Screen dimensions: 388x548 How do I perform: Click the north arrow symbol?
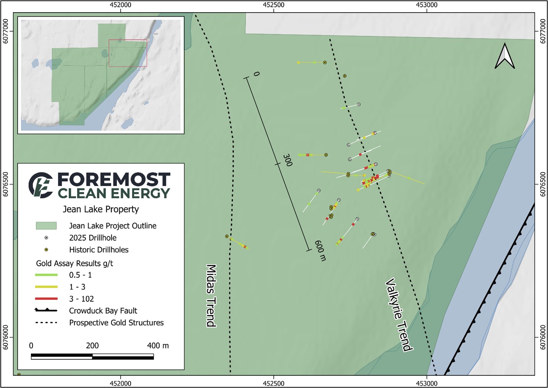click(504, 56)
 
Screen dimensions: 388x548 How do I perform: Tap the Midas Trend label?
click(211, 296)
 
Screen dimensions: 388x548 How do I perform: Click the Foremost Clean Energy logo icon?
click(41, 185)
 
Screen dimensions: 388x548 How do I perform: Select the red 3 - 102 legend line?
click(46, 299)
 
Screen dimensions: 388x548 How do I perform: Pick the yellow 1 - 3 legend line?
click(46, 287)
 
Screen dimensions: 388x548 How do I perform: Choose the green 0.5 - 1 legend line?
click(46, 275)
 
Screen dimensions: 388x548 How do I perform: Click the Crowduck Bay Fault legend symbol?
click(46, 311)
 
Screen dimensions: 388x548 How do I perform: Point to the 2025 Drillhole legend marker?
click(46, 238)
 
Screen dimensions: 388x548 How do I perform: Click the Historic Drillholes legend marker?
click(46, 250)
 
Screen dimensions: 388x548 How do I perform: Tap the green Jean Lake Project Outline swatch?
click(46, 226)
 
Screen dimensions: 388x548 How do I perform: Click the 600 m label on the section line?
click(320, 251)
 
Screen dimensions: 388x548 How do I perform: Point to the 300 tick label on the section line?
click(287, 160)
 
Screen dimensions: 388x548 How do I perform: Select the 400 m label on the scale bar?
click(158, 346)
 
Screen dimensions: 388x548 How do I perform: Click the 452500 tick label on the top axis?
click(274, 5)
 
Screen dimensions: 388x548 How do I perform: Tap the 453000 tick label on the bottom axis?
click(427, 383)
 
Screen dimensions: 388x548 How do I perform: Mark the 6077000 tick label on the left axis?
click(6, 32)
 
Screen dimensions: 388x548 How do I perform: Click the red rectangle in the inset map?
click(128, 53)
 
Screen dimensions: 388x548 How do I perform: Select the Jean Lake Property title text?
click(101, 209)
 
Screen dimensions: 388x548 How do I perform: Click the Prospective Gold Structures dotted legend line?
click(46, 323)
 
